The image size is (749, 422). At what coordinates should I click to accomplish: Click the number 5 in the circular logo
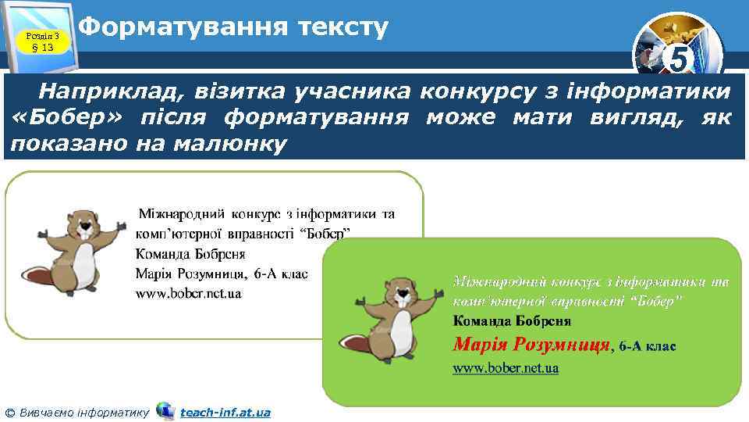point(680,59)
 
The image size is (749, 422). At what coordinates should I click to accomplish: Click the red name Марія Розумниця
point(531,344)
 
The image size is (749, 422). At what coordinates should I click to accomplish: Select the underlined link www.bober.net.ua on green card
point(506,368)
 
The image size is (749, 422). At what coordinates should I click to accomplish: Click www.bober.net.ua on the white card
point(189,294)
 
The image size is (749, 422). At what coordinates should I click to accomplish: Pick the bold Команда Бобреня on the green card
point(511,320)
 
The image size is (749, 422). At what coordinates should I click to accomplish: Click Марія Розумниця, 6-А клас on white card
point(222,274)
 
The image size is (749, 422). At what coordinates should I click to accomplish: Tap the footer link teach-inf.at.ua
point(225,412)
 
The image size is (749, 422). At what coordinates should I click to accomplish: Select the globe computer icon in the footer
point(165,410)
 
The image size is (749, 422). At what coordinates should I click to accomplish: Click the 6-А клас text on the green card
point(647,345)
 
